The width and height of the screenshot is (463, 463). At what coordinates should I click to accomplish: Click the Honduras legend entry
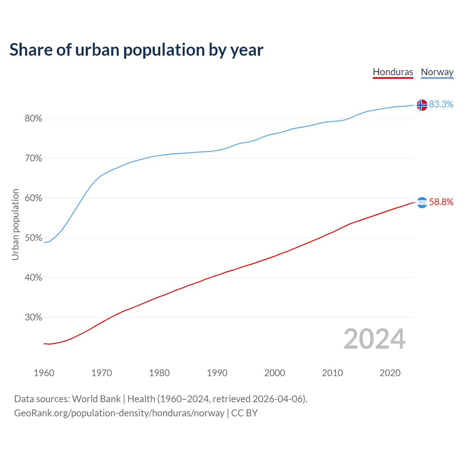393,72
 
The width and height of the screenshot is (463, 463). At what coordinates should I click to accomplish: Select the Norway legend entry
437,72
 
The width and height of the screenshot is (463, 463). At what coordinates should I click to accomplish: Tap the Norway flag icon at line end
422,105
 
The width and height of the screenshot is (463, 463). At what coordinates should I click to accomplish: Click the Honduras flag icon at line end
422,203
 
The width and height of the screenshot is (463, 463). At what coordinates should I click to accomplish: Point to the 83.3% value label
441,104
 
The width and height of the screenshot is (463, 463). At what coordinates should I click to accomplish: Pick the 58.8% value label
441,202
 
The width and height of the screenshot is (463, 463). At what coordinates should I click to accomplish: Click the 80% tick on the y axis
33,119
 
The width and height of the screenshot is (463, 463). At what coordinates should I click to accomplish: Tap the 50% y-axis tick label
33,238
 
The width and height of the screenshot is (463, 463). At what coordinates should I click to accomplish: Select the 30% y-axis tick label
33,318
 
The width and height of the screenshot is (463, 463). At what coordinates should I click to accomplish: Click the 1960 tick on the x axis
44,373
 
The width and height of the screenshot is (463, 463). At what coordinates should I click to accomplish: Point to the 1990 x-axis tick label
217,373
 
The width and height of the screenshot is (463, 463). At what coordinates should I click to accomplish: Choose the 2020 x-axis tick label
390,373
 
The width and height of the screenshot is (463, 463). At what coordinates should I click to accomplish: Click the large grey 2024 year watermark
374,339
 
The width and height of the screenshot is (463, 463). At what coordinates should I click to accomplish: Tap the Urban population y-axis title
15,224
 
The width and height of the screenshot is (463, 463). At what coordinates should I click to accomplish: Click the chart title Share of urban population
136,50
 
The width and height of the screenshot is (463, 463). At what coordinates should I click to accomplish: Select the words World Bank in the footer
96,399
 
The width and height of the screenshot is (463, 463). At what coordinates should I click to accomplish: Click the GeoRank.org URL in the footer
119,413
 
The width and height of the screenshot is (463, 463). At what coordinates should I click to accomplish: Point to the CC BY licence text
244,413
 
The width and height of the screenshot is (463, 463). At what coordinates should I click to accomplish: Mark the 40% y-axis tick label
33,278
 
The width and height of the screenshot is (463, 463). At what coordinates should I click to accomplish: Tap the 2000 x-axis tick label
275,373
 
